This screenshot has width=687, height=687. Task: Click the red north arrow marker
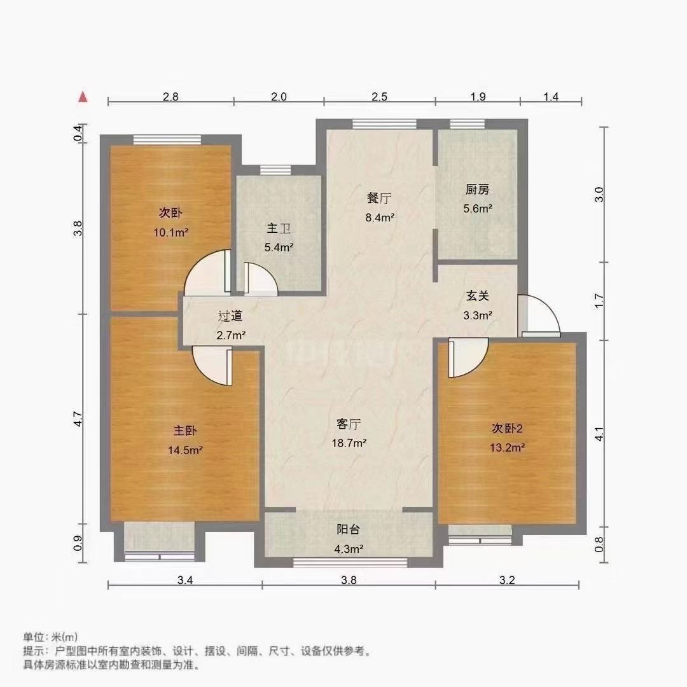pyautogui.click(x=82, y=97)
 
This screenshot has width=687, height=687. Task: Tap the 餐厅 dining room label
pyautogui.click(x=379, y=198)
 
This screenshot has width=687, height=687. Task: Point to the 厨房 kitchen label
pyautogui.click(x=477, y=190)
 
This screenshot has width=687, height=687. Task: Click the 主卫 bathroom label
pyautogui.click(x=277, y=228)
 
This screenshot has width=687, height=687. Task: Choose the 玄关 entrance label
pyautogui.click(x=477, y=296)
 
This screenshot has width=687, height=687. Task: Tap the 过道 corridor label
pyautogui.click(x=230, y=316)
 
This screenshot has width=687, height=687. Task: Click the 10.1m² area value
pyautogui.click(x=170, y=232)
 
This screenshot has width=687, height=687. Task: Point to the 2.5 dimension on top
pyautogui.click(x=380, y=97)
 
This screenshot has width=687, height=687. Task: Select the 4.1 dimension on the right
pyautogui.click(x=598, y=434)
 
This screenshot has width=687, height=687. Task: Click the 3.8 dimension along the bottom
pyautogui.click(x=349, y=580)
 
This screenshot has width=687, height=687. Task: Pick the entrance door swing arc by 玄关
pyautogui.click(x=542, y=315)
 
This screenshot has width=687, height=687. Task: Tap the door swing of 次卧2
pyautogui.click(x=467, y=357)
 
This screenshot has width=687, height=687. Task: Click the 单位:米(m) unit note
pyautogui.click(x=50, y=637)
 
